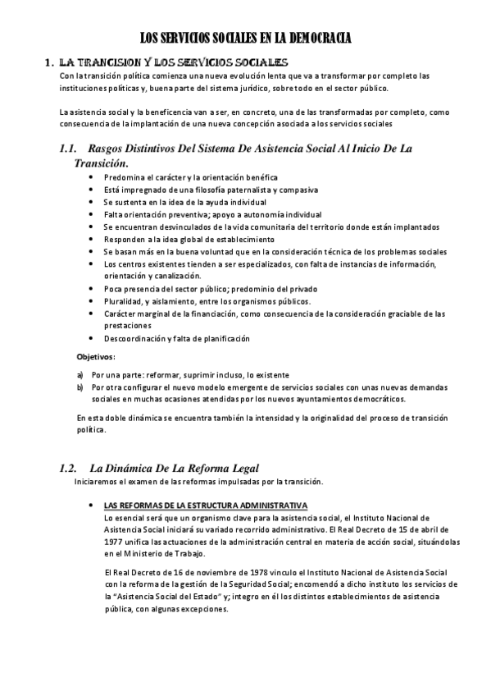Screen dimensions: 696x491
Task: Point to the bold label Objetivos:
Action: pyautogui.click(x=96, y=357)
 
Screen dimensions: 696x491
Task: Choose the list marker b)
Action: pyautogui.click(x=80, y=387)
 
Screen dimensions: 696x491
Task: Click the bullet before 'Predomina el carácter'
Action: pyautogui.click(x=90, y=178)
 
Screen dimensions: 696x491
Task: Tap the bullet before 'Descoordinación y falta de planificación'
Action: pyautogui.click(x=90, y=339)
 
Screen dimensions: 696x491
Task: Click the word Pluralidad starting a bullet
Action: pyautogui.click(x=123, y=302)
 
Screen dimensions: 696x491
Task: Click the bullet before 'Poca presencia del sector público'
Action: pyautogui.click(x=90, y=290)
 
